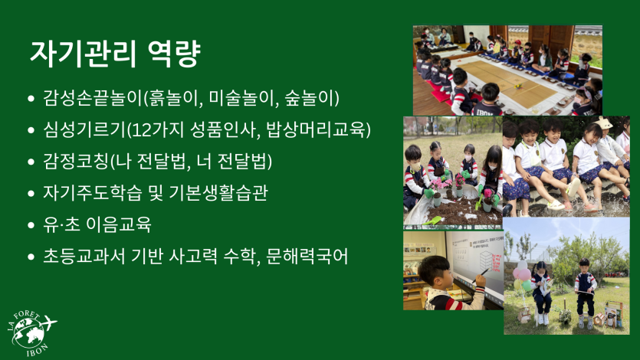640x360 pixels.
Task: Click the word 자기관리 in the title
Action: click(x=82, y=54)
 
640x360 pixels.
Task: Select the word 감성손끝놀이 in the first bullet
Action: click(x=93, y=98)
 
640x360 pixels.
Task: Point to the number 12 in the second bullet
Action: click(x=142, y=130)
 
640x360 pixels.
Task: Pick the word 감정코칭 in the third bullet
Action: click(x=76, y=161)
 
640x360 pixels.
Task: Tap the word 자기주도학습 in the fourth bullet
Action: click(x=93, y=193)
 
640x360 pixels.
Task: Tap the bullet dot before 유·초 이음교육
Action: click(x=31, y=225)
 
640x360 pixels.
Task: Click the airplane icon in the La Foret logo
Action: click(x=49, y=323)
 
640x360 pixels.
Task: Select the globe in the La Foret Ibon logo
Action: click(x=28, y=333)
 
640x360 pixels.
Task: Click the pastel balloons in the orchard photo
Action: click(x=522, y=275)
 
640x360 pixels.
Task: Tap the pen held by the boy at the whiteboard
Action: click(x=479, y=276)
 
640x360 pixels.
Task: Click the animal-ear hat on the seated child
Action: click(x=604, y=122)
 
